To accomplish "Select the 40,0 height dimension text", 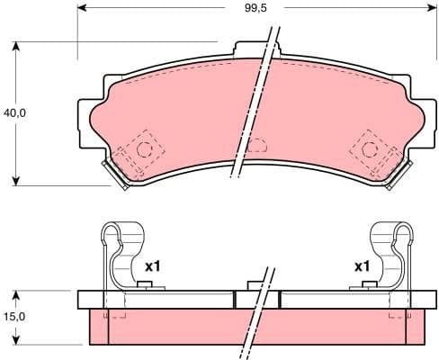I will coord(14,113).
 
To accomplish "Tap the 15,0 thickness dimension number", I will coord(14,318).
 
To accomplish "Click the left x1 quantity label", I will coord(152,267).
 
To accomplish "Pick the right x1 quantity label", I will coord(362,267).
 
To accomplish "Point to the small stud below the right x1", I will coord(367,286).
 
